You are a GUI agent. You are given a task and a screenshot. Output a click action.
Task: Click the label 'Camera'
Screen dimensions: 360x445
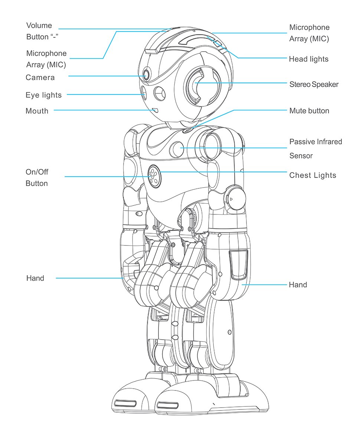(40, 77)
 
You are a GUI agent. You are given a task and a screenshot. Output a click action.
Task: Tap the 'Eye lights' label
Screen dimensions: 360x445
(43, 95)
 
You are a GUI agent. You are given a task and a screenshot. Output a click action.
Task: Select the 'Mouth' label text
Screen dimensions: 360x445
(37, 111)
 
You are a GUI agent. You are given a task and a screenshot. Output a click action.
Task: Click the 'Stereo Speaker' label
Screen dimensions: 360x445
(314, 84)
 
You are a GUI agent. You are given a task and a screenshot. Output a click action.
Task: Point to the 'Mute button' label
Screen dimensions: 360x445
(309, 111)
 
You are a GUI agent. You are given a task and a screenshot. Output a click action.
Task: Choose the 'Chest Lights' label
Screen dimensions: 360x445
(312, 175)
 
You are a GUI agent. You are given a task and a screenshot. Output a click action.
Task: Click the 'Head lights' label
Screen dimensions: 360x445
(308, 59)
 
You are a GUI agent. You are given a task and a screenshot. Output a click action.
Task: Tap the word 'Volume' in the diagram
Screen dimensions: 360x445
(39, 26)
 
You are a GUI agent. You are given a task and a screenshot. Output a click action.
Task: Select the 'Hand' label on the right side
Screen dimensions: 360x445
(298, 284)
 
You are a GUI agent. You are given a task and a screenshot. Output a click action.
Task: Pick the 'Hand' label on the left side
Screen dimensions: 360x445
(35, 278)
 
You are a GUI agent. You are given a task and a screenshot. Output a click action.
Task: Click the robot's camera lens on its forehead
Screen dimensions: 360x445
(146, 75)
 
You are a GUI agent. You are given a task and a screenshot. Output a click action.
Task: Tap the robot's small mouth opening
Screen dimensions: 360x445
(155, 110)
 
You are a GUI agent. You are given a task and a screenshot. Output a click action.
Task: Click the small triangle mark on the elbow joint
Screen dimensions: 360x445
(231, 199)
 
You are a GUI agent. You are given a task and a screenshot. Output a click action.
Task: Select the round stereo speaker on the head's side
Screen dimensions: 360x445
(202, 86)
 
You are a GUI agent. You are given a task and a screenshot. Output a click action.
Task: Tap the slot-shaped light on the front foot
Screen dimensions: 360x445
(167, 406)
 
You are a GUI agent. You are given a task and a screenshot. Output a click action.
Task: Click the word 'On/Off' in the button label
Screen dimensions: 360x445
(37, 172)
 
